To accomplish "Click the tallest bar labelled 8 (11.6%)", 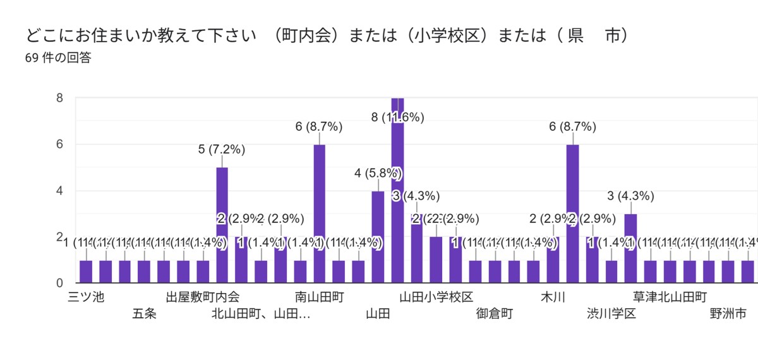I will [397, 189].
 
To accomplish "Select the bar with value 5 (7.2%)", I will [222, 224].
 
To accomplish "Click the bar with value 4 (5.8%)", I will [378, 237].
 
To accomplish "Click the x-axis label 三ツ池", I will [85, 297].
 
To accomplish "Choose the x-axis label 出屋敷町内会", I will [203, 297].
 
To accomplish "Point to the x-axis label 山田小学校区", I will [436, 297].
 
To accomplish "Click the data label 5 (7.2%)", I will [222, 150].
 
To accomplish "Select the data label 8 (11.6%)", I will [397, 117].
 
